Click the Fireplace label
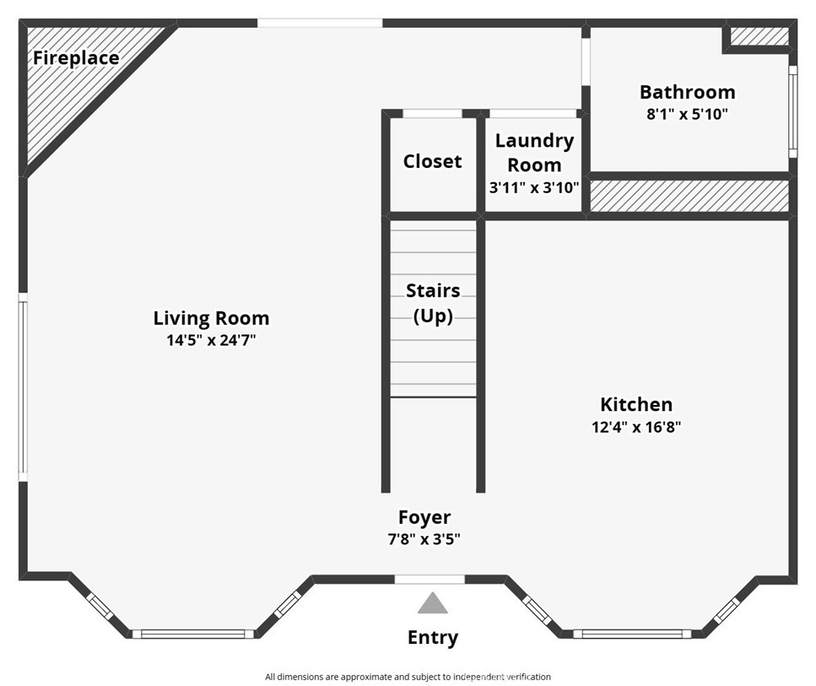point(76,58)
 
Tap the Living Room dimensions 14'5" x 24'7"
point(211,342)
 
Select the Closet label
point(432,161)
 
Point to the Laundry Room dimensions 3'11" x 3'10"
point(534,187)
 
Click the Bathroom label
point(687,92)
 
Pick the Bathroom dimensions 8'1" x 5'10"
point(687,114)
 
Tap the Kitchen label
point(636,404)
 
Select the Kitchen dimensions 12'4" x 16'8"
point(636,427)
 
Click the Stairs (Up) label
point(433,303)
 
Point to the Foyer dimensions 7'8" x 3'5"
point(424,539)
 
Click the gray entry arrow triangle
point(433,603)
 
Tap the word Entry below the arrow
point(433,637)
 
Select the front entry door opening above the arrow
point(430,579)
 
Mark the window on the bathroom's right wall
point(792,112)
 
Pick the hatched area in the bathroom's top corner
point(759,36)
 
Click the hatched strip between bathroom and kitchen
point(689,196)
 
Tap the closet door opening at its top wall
point(432,113)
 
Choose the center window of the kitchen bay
point(632,634)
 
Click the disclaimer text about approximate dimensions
point(408,677)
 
